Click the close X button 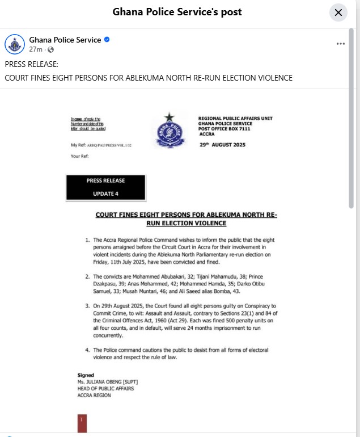[338, 12]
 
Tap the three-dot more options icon [341, 44]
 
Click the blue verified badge [107, 40]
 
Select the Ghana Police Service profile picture [15, 44]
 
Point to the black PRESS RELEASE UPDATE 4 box [106, 187]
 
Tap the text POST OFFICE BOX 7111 [225, 129]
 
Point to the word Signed [86, 375]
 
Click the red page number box [82, 423]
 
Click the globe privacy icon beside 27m [51, 50]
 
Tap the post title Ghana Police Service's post [177, 12]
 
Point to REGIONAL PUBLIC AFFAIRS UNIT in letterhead [235, 118]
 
